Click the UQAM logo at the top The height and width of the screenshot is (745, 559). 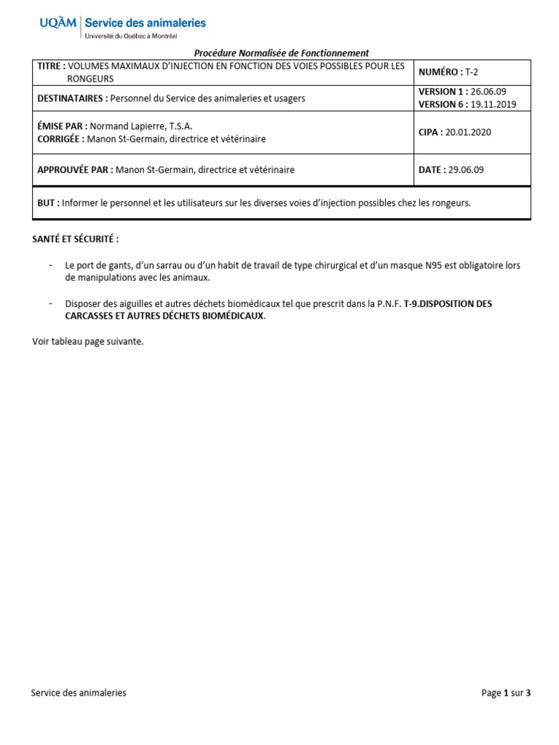coord(58,24)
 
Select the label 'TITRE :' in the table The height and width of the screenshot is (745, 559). coord(51,66)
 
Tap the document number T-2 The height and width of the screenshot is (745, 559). coord(472,72)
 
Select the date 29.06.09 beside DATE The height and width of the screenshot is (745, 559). coord(466,170)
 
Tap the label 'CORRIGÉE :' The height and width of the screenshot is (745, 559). coord(60,138)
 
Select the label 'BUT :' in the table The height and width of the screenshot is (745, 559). coord(48,203)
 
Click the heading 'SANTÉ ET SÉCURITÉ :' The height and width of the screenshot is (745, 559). coord(75,239)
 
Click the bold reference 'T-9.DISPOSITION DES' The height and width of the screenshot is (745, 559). coord(448,303)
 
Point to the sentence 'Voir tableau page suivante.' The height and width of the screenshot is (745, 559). coord(88,342)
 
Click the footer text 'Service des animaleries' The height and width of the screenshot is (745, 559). coord(79,693)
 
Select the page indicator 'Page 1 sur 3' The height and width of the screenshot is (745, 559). coord(506,693)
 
